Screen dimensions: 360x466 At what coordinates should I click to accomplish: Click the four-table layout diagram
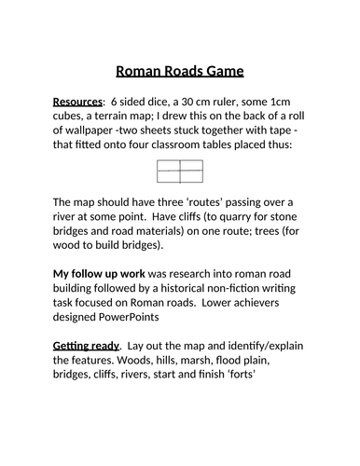pyautogui.click(x=180, y=173)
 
